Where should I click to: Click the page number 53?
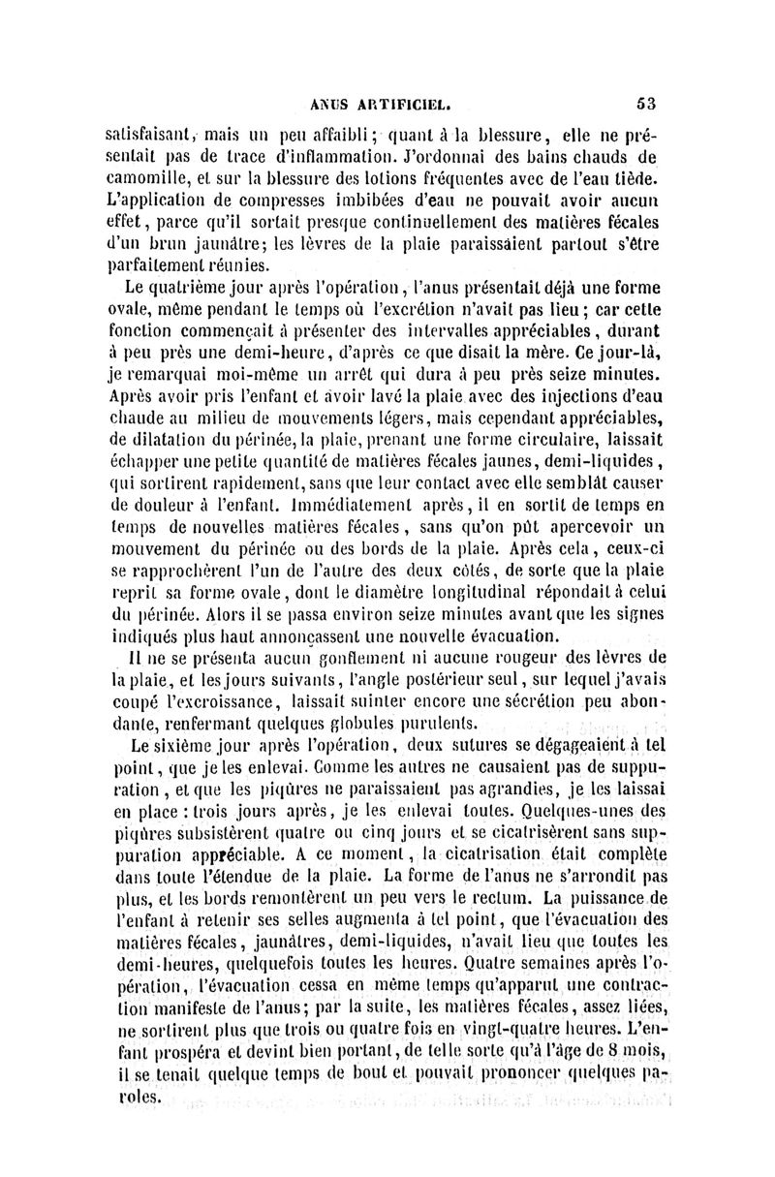click(x=647, y=99)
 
